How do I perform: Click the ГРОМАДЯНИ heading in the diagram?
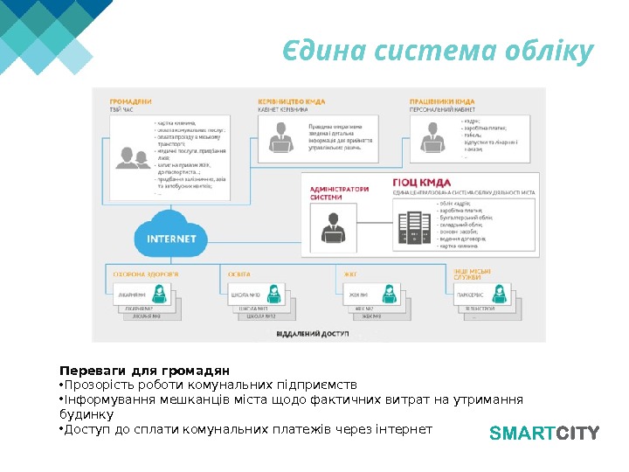[130, 101]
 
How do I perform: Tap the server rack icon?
[411, 230]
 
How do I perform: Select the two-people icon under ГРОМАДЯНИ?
[132, 158]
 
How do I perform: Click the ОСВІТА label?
[239, 274]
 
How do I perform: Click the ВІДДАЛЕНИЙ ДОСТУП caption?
[312, 335]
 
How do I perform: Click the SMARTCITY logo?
[543, 432]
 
